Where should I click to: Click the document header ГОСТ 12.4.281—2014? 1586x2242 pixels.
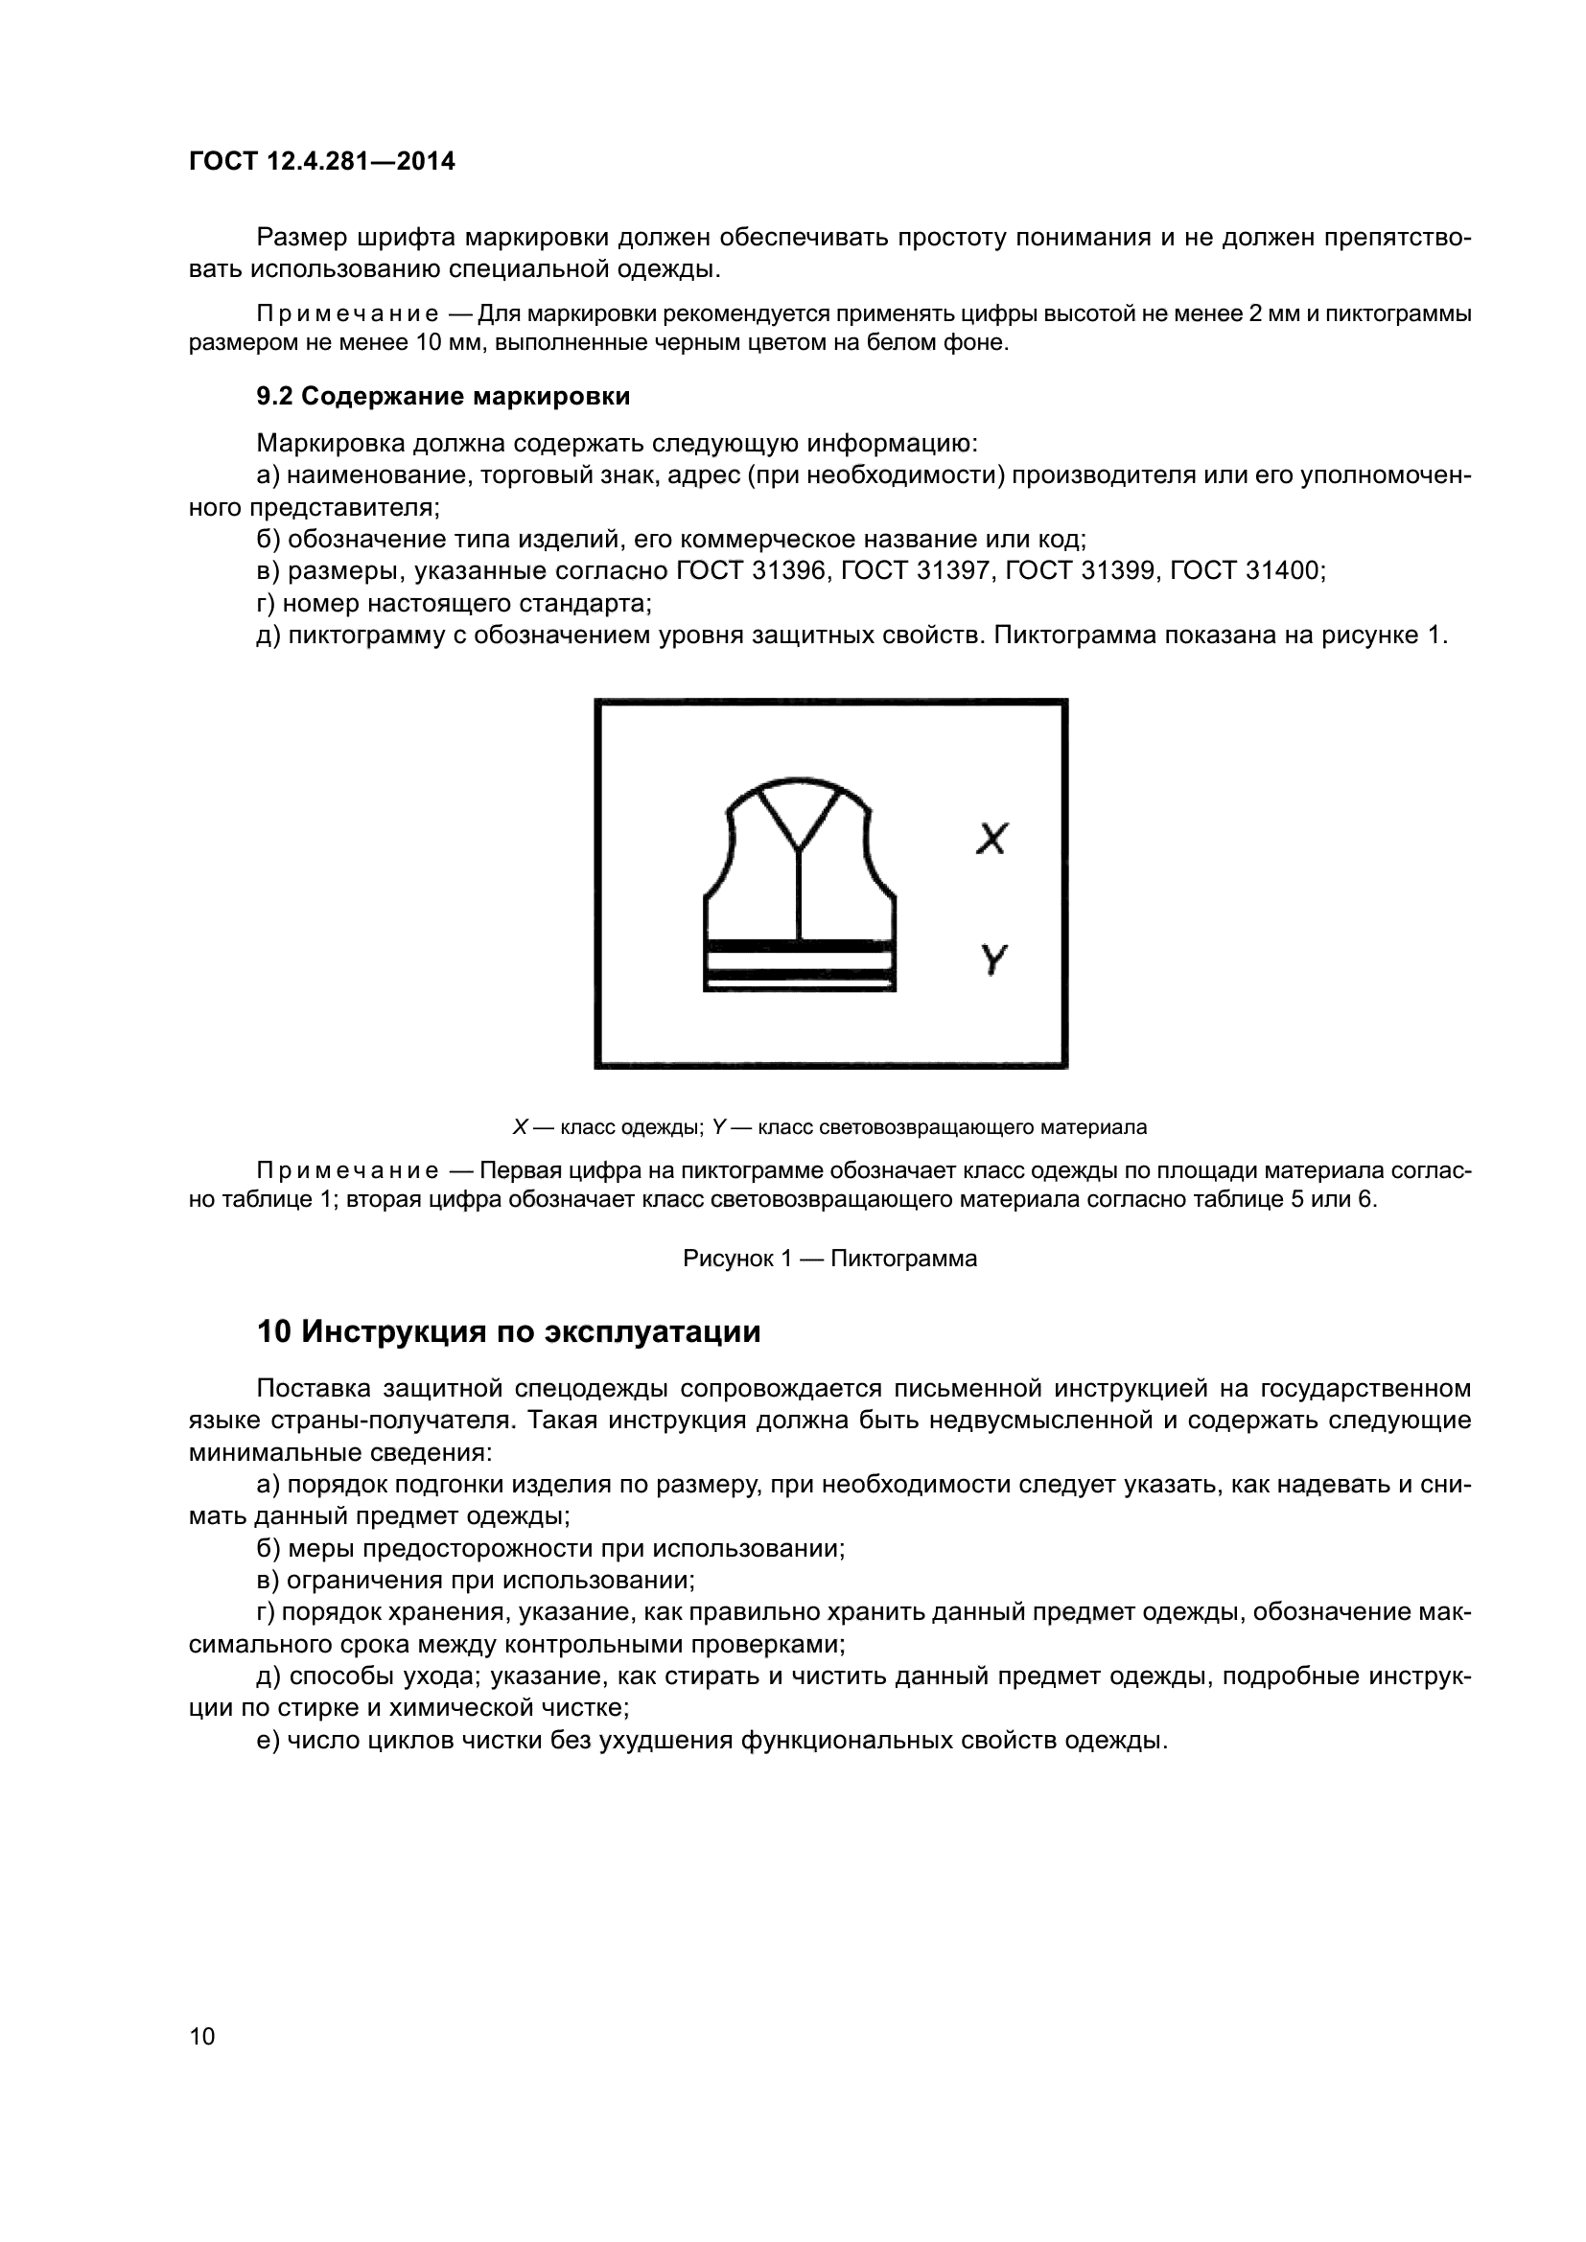tap(321, 162)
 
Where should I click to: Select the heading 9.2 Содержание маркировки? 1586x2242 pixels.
tap(442, 397)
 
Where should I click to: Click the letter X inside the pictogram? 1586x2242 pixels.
tap(991, 839)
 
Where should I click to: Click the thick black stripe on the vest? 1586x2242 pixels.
tap(799, 945)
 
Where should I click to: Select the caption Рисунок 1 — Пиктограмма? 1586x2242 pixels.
tap(829, 1259)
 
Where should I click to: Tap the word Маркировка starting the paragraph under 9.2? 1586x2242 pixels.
tap(330, 445)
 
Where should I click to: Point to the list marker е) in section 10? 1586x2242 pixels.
tap(268, 1741)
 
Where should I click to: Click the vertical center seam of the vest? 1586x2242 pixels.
tap(799, 893)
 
